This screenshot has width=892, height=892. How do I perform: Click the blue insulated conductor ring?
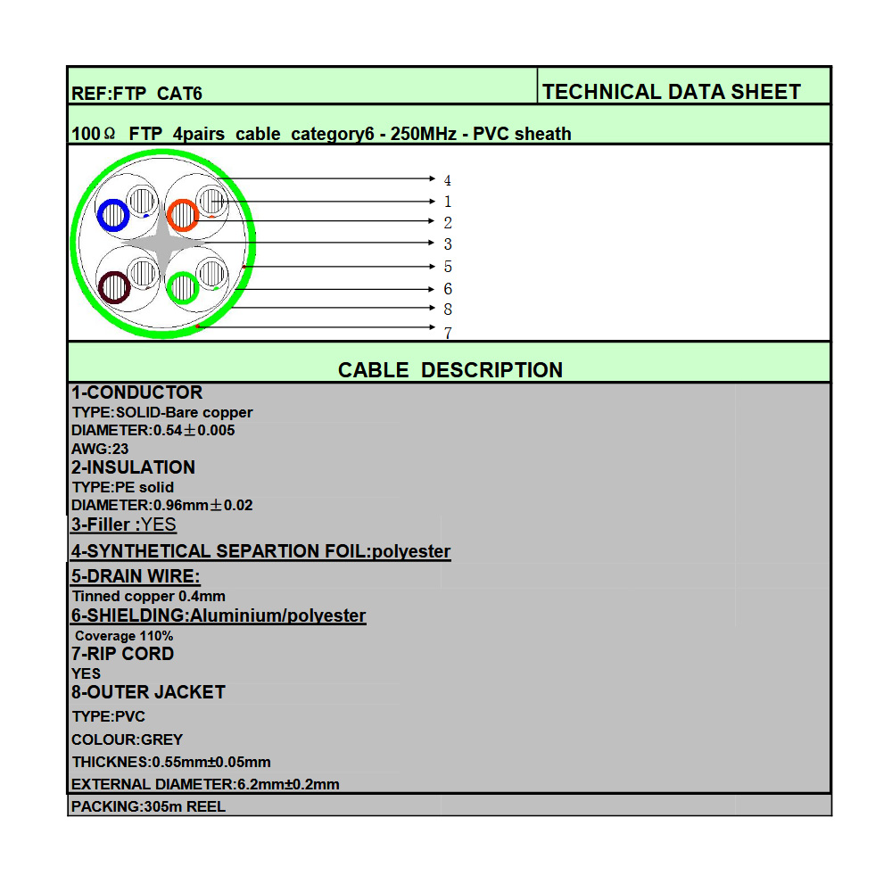[x=113, y=215]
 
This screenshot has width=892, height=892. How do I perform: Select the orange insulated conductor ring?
[x=182, y=215]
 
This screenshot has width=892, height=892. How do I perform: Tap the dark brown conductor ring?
[x=114, y=287]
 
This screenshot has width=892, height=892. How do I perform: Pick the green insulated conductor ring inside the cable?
[x=182, y=287]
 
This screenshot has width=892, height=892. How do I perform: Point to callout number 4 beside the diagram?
[x=447, y=181]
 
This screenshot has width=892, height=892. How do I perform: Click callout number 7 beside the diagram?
[x=448, y=333]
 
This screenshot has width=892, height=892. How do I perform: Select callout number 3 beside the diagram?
[x=448, y=244]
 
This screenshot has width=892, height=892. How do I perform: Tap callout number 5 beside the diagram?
[x=448, y=267]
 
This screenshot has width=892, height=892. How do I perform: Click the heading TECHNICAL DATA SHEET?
[x=671, y=92]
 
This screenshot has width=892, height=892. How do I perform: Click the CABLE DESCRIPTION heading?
[x=450, y=370]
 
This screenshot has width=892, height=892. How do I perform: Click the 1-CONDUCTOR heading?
[x=136, y=392]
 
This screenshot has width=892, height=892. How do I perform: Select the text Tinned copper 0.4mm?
[x=148, y=596]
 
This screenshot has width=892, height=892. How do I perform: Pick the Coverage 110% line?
[x=124, y=636]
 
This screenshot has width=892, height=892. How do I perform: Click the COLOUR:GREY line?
[x=127, y=739]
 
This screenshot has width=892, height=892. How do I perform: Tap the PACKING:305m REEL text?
[x=148, y=806]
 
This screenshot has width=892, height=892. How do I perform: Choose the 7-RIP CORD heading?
[x=122, y=654]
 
